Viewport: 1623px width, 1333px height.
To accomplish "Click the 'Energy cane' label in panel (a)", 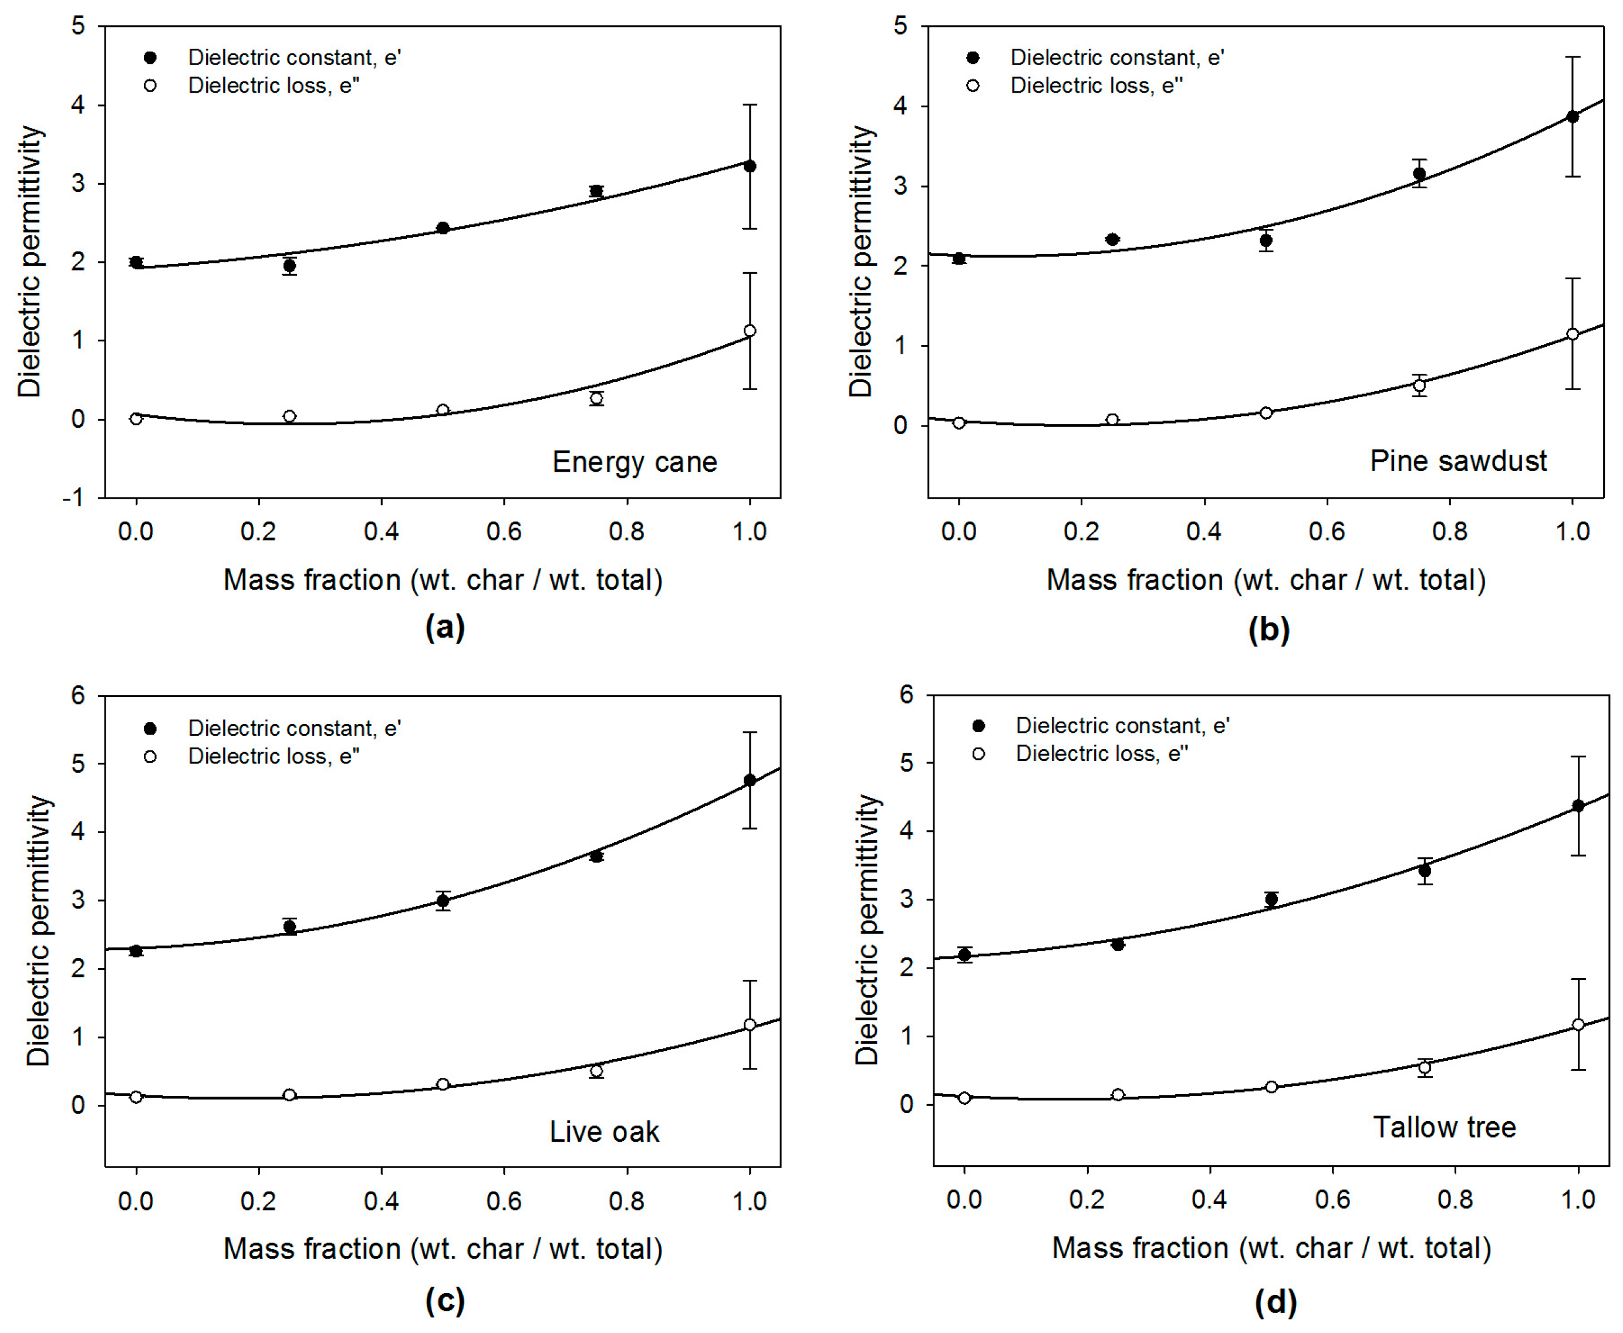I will click(x=634, y=462).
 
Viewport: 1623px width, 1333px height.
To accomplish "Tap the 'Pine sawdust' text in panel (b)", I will click(x=1458, y=461).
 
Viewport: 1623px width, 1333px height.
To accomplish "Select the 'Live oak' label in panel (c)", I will click(x=604, y=1132).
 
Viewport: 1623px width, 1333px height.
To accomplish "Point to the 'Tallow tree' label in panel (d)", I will click(x=1444, y=1127).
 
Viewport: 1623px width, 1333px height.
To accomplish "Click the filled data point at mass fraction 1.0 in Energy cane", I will click(x=750, y=166).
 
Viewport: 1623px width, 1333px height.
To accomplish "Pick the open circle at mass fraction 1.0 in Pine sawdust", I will click(x=1573, y=334).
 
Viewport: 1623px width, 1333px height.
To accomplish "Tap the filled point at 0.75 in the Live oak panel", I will click(x=596, y=855).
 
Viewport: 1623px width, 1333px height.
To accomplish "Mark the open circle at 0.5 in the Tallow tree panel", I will click(x=1271, y=1087).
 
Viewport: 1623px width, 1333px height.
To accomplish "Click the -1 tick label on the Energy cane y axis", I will click(x=74, y=498).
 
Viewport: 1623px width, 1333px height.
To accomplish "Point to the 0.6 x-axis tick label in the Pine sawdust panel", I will click(x=1327, y=532).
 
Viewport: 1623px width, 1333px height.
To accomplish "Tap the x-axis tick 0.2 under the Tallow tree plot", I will click(x=1087, y=1199).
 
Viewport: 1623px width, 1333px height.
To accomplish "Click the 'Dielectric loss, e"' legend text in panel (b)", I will click(x=1096, y=85).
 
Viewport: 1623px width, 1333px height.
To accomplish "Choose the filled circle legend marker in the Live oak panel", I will click(x=150, y=728).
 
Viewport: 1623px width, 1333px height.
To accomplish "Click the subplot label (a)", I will click(x=445, y=627).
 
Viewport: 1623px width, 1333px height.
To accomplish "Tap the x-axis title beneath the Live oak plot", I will click(x=443, y=1249).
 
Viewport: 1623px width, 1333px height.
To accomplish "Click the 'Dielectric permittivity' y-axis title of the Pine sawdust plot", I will click(x=862, y=261).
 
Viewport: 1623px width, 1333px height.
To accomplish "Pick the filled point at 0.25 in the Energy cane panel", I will click(x=289, y=266).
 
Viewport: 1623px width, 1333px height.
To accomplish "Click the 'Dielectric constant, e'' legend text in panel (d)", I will click(x=1122, y=726).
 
